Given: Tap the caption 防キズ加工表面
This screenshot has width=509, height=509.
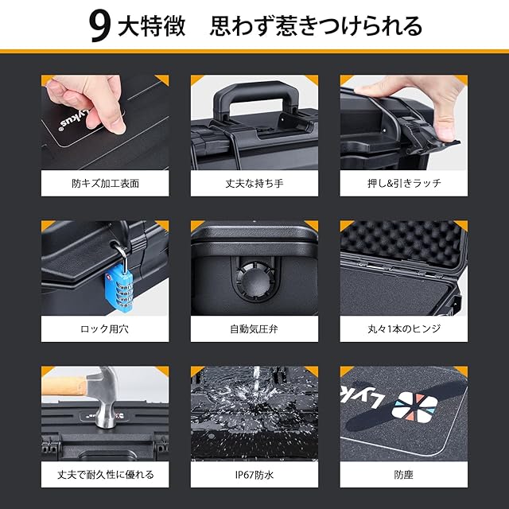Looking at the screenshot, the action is pyautogui.click(x=105, y=184).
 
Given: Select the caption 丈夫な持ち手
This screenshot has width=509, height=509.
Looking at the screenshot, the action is pyautogui.click(x=254, y=184).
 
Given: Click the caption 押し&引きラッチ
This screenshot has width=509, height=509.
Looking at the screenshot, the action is pyautogui.click(x=404, y=184).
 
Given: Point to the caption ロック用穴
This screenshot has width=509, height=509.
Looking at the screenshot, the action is pyautogui.click(x=104, y=328).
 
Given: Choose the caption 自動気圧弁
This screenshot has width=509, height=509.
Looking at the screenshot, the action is pyautogui.click(x=254, y=328).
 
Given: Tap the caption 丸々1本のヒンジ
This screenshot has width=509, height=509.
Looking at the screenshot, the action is pyautogui.click(x=404, y=328).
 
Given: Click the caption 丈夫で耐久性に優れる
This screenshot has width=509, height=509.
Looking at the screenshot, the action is pyautogui.click(x=106, y=475).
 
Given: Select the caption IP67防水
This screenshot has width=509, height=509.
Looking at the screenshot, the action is pyautogui.click(x=254, y=475).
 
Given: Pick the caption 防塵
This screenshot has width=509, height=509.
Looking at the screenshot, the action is pyautogui.click(x=403, y=475).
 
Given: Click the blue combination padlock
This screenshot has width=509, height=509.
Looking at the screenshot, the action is pyautogui.click(x=119, y=287).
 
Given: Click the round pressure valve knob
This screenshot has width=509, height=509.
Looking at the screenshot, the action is pyautogui.click(x=254, y=281).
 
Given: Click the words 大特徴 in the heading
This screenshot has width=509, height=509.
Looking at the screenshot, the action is pyautogui.click(x=152, y=26).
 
